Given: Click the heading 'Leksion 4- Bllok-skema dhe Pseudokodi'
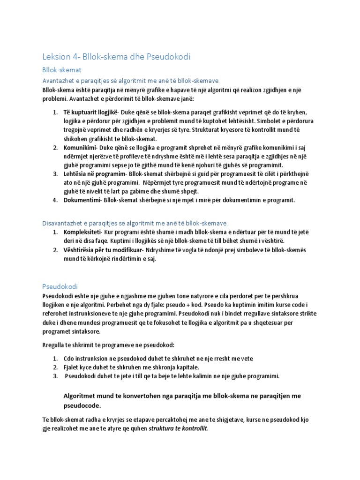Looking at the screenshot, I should tap(117, 57).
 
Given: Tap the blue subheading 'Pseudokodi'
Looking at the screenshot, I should tap(60, 286).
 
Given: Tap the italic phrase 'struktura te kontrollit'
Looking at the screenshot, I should tap(177, 428).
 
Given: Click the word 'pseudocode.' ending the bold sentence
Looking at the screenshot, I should tap(82, 405).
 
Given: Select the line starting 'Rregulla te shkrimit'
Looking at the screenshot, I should tap(108, 345).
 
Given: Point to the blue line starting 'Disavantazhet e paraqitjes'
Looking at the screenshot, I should tap(135, 223).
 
